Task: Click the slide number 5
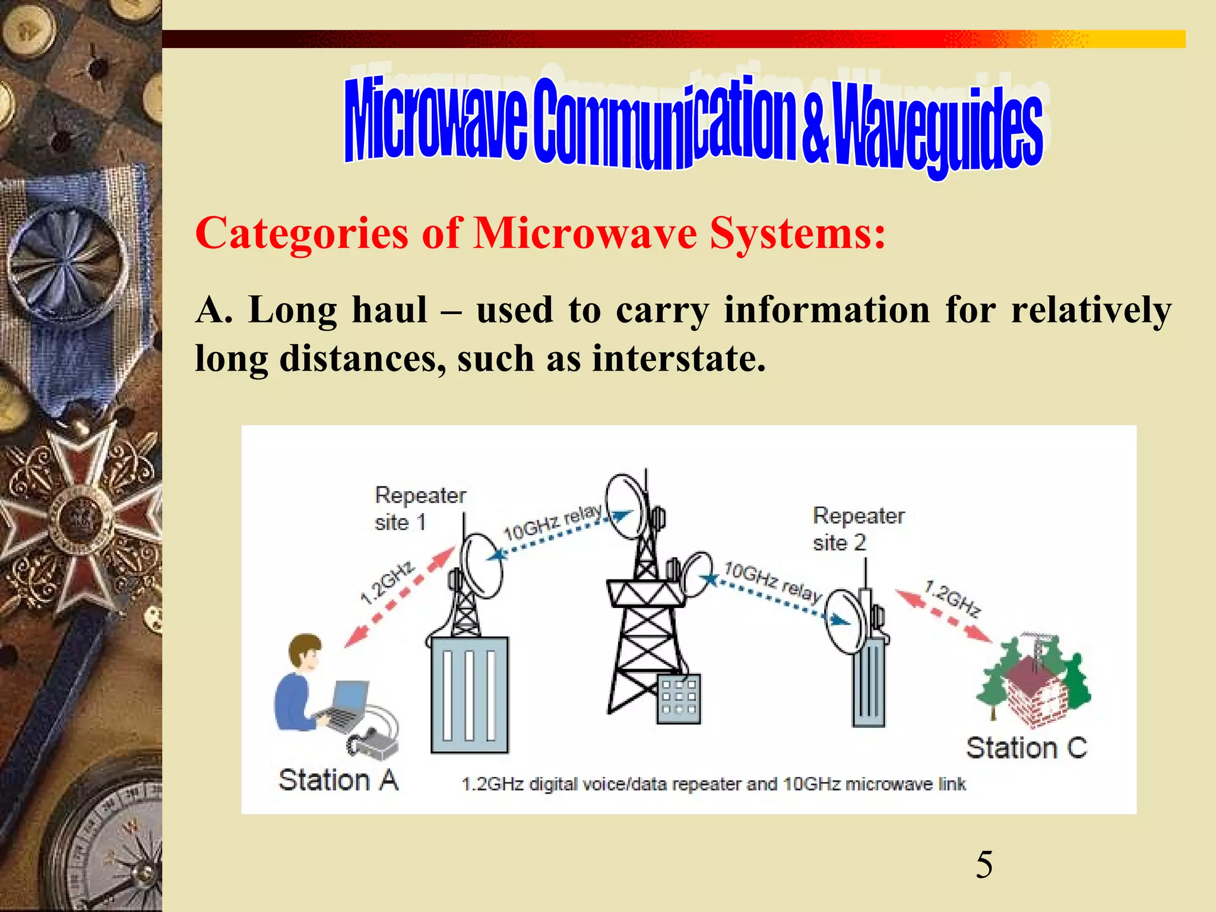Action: (984, 864)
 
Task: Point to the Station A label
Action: (338, 780)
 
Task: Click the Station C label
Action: (1026, 748)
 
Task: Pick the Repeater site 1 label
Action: (419, 509)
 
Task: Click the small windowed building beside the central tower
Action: (679, 698)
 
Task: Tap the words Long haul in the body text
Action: (338, 310)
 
